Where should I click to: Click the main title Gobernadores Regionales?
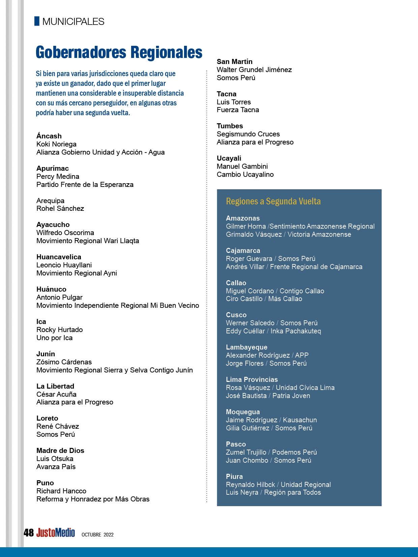coord(119,53)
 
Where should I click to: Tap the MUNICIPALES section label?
coord(73,22)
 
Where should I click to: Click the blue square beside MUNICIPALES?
coord(37,21)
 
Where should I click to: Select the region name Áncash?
coord(49,136)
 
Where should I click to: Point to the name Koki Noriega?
coord(56,144)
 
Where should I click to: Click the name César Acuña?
coord(56,394)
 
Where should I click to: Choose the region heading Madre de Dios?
coord(60,451)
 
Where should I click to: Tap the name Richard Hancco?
coord(61,491)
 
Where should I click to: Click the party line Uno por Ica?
coord(54,338)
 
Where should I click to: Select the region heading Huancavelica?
coord(59,257)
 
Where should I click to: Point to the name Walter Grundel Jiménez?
coord(254,70)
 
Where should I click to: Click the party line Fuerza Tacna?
coord(238,110)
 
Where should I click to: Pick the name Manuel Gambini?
coord(242,166)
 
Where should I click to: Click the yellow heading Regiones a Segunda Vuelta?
coord(273,201)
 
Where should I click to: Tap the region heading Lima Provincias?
coord(251,380)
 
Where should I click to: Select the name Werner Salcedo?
coord(250,323)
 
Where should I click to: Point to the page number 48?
coord(29,532)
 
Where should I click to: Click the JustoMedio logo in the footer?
coord(56,532)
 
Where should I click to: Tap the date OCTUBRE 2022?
coord(97,534)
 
